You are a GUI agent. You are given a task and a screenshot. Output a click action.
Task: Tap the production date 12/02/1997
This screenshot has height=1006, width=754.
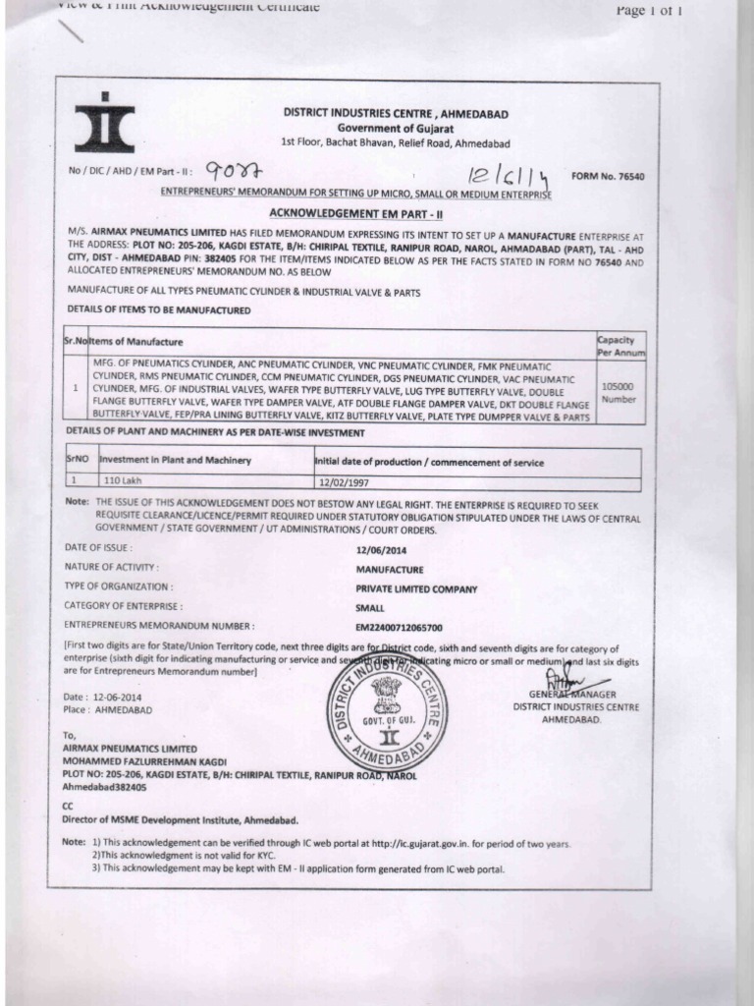[x=341, y=482]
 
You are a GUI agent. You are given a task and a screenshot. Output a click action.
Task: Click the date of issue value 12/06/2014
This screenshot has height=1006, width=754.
[x=381, y=549]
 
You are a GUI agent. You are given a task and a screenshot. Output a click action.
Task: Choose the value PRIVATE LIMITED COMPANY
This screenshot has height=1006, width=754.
[x=416, y=588]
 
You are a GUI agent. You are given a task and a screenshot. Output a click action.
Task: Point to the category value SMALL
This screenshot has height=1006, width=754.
[x=370, y=608]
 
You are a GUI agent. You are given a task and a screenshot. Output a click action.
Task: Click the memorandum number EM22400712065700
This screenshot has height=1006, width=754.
[x=399, y=627]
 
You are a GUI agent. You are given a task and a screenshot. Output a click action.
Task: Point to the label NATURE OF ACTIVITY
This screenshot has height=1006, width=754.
[x=111, y=568]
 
